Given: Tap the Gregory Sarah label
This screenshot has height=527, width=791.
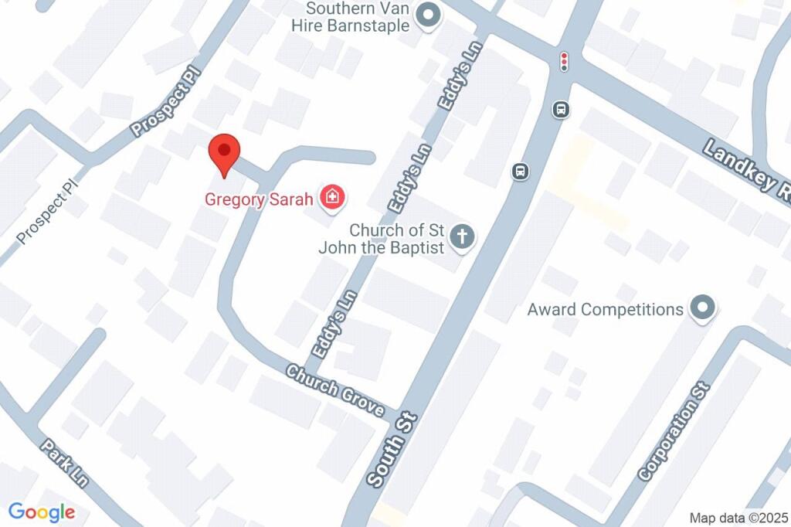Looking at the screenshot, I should pos(258,199).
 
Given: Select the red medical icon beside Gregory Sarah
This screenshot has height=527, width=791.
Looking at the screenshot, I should pos(333,198).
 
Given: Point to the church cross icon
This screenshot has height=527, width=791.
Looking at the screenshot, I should pos(463,236).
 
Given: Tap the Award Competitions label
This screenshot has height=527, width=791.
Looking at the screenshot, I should pos(605,310).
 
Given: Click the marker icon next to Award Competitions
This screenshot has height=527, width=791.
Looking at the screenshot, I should pos(702,308).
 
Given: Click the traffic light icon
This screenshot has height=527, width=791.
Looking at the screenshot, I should pos(565,61).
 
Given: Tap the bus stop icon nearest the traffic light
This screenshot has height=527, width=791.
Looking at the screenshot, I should pos(561,110).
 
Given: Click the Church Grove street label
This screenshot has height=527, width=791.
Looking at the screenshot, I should pos(336,389).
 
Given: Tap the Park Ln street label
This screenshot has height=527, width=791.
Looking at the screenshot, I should pos(66,463).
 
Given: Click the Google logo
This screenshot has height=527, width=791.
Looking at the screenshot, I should pos(42,512).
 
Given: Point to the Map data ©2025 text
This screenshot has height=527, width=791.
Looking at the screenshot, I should pos(738,517).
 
